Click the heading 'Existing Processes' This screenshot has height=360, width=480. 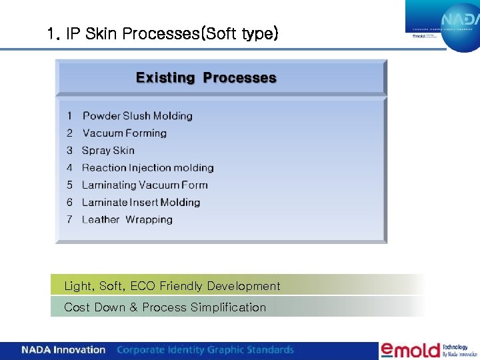(206, 78)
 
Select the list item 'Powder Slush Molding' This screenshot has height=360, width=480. (137, 116)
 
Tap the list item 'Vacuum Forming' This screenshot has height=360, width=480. (125, 133)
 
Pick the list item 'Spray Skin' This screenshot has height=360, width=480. (108, 151)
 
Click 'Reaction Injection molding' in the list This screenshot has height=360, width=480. (147, 168)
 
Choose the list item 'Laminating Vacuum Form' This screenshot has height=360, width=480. (145, 185)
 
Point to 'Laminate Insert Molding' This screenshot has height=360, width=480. (141, 203)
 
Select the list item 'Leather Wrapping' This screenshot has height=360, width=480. (127, 220)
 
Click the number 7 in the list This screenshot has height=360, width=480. (69, 220)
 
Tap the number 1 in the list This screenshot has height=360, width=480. (69, 116)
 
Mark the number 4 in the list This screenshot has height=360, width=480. (69, 168)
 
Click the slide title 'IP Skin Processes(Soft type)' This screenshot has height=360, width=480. (163, 33)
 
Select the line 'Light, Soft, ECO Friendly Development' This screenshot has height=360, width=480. (172, 286)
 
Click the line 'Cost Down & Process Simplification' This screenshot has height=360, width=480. (165, 307)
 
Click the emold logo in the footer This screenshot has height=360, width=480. (409, 350)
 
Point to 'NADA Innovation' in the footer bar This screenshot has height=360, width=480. (63, 350)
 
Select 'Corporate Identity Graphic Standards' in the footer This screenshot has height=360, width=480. (205, 350)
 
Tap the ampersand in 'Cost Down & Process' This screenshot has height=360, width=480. (133, 307)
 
